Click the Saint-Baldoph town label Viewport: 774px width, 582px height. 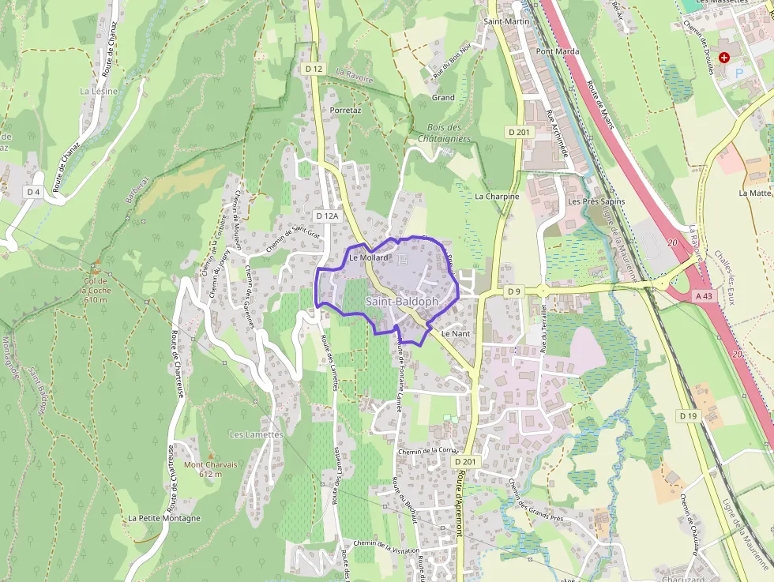pos(401,302)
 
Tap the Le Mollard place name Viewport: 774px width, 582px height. pos(369,257)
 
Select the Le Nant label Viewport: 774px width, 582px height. pos(456,334)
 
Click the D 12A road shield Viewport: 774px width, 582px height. pos(326,216)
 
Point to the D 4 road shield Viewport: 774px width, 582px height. pos(32,192)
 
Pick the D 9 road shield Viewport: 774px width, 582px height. pos(514,291)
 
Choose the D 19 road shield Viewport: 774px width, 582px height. pos(687,415)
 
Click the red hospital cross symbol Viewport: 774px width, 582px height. pos(723,58)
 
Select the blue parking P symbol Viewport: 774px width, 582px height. pos(740,73)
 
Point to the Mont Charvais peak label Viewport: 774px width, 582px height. pos(210,465)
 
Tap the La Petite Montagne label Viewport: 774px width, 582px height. pos(164,518)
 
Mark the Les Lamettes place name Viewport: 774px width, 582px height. pos(256,435)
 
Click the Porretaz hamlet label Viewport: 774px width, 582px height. pos(345,111)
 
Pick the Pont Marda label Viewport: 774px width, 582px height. pos(558,51)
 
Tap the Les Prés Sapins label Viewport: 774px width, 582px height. pos(596,201)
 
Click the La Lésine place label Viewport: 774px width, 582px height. pos(99,92)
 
